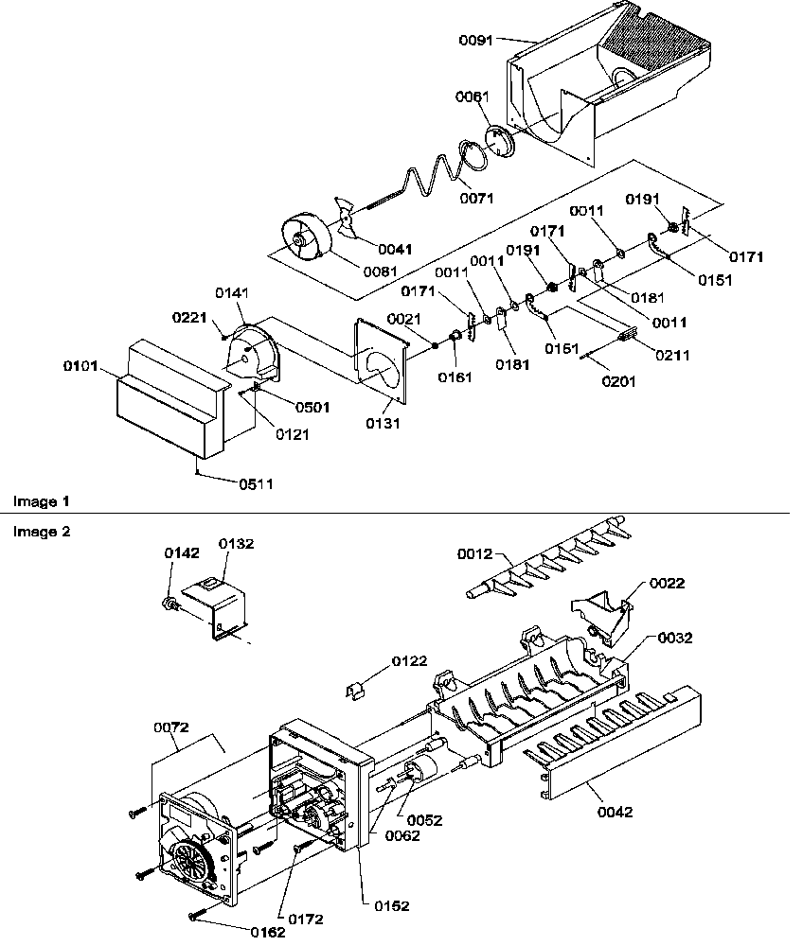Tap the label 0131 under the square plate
(x=385, y=424)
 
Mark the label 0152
(x=391, y=905)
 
